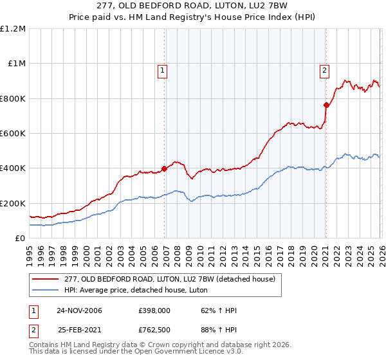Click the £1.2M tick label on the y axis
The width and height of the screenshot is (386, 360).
click(13, 29)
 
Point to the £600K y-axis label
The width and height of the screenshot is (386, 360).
click(13, 133)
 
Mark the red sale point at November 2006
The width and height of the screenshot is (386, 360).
click(164, 168)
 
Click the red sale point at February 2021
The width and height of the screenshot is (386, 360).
click(326, 105)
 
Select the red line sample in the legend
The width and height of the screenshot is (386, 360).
click(46, 279)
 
